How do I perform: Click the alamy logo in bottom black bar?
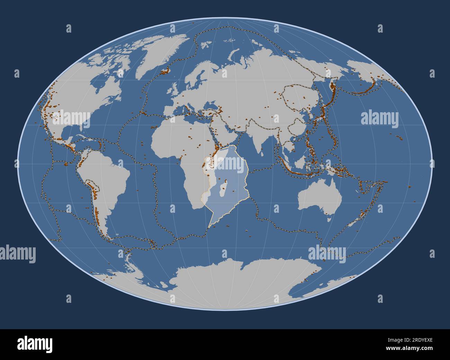[x=35, y=344]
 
